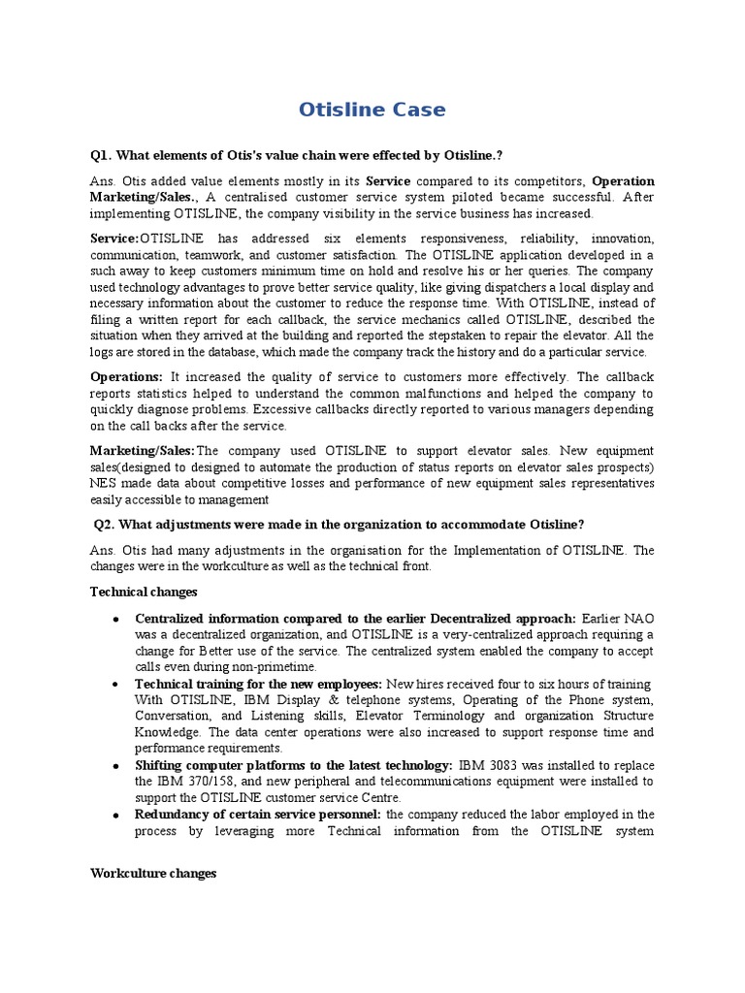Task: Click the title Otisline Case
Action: point(372,110)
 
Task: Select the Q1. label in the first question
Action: point(102,156)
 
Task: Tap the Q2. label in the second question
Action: point(107,525)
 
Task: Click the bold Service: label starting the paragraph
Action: point(114,239)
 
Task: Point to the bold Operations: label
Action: point(126,376)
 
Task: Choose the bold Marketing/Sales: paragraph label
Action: point(143,451)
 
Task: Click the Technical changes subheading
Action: point(144,592)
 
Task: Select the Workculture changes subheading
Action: point(153,874)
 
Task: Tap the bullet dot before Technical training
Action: point(115,685)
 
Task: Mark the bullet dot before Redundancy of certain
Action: point(115,815)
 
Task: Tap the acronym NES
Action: point(105,484)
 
